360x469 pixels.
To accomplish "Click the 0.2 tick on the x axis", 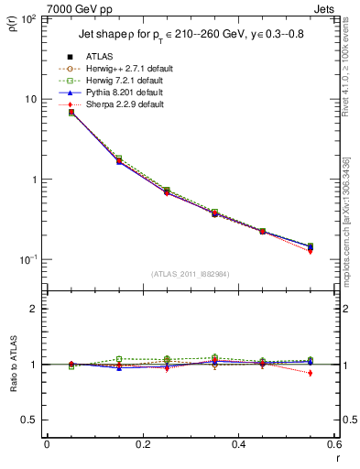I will coord(142,444).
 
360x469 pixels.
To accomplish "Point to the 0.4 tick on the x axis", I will coord(238,444).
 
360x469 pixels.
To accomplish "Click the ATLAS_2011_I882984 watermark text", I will coord(190,273).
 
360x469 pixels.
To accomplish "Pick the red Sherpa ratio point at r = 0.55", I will coord(310,373).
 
